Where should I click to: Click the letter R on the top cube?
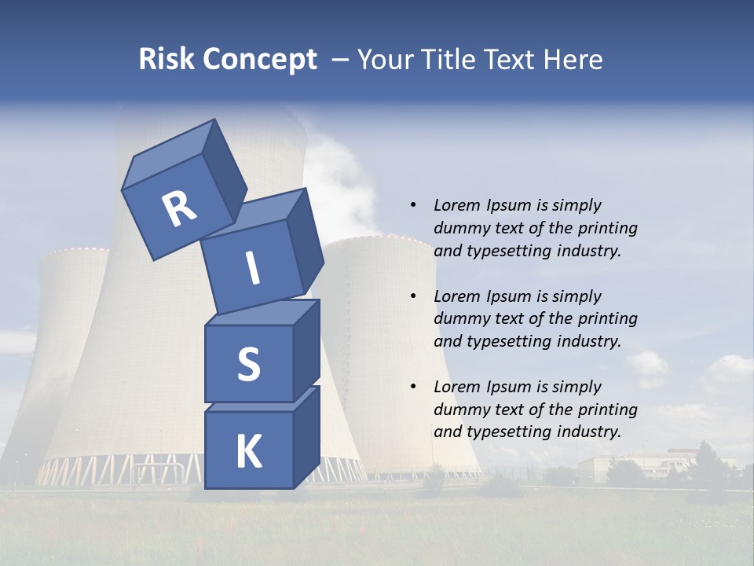tap(179, 210)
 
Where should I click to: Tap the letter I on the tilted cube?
tap(252, 268)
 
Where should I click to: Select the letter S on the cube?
tap(248, 365)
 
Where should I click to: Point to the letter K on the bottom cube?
tap(248, 452)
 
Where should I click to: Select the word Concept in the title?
tap(259, 59)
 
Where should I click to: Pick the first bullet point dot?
tap(413, 205)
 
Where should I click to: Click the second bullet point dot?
tap(413, 296)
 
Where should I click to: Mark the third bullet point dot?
tap(413, 387)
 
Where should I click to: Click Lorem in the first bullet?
tap(456, 205)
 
